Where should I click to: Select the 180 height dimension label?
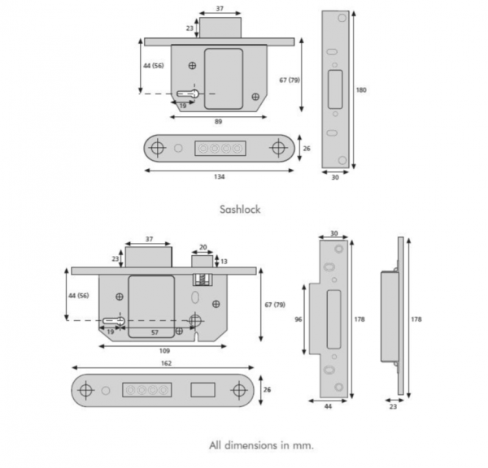pos(362,89)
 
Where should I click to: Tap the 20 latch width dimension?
pos(203,247)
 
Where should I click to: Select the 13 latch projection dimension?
pos(224,261)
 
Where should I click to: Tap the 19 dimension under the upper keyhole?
pos(183,105)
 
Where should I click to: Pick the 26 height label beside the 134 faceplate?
pos(307,148)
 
